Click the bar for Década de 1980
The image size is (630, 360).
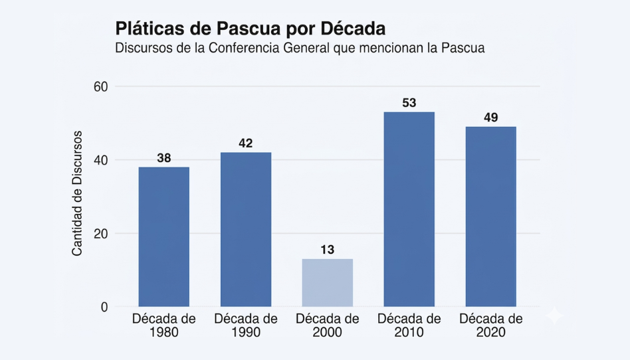coord(163,236)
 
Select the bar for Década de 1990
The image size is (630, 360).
coord(246,229)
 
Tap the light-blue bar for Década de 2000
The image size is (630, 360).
coord(328,282)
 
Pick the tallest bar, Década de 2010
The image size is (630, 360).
coord(409,209)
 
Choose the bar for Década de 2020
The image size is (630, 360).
coord(491,217)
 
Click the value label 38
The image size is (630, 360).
coord(163,158)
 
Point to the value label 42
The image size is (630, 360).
coord(246,143)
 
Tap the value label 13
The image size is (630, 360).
coord(328,250)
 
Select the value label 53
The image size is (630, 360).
coord(409,103)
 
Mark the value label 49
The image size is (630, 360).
coord(491,118)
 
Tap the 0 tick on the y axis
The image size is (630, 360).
coord(104,307)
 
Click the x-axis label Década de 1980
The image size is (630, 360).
coord(164,325)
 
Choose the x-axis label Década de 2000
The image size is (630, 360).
coord(328,325)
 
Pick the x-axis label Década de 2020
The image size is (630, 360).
coord(491,325)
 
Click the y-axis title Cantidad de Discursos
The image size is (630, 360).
coord(77,193)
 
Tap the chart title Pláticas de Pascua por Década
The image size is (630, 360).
coord(251,29)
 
